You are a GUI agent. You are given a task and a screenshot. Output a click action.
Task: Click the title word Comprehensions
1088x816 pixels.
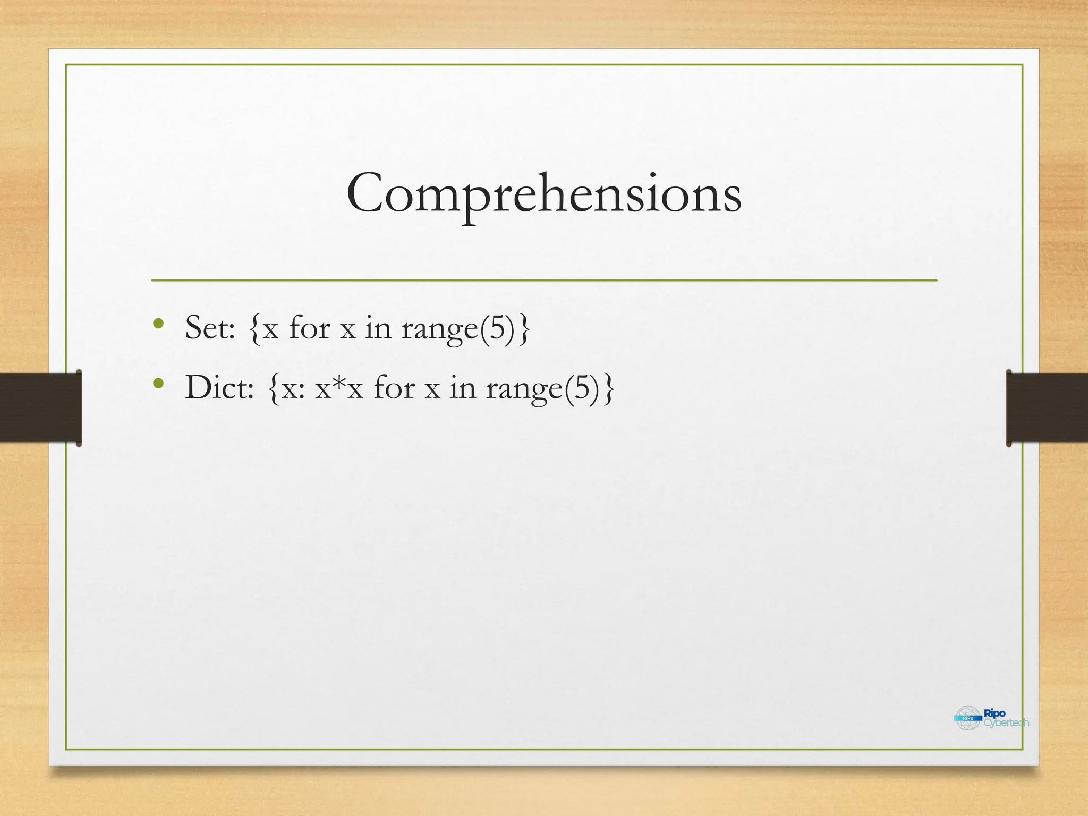tap(543, 194)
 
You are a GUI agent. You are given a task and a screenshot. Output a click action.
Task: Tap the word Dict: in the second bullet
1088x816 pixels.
tap(219, 387)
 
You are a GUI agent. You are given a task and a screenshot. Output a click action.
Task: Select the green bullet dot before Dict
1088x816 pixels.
tap(158, 383)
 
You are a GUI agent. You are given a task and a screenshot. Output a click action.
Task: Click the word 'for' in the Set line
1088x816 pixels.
tap(309, 327)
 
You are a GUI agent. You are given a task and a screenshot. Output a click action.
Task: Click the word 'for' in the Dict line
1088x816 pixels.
tap(394, 387)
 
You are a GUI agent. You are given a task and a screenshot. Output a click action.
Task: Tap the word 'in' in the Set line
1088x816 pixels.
tap(378, 327)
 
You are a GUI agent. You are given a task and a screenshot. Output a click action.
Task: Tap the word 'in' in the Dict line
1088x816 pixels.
tap(463, 387)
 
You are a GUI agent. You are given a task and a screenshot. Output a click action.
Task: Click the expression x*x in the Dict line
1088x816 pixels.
tap(339, 387)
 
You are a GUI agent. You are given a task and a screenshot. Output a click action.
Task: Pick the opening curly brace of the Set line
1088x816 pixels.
tap(254, 328)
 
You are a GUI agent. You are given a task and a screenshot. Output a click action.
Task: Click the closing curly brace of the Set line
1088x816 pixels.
tap(524, 328)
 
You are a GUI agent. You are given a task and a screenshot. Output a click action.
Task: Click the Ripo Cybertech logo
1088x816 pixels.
tap(991, 718)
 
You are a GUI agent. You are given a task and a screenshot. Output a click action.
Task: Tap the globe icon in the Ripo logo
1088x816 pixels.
tap(967, 718)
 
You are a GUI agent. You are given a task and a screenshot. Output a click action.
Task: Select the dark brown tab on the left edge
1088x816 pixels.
tap(40, 407)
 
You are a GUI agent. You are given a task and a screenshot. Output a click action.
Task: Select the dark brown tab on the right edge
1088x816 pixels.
tap(1047, 407)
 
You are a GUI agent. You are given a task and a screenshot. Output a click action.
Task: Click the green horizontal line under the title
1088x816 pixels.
tap(544, 280)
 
